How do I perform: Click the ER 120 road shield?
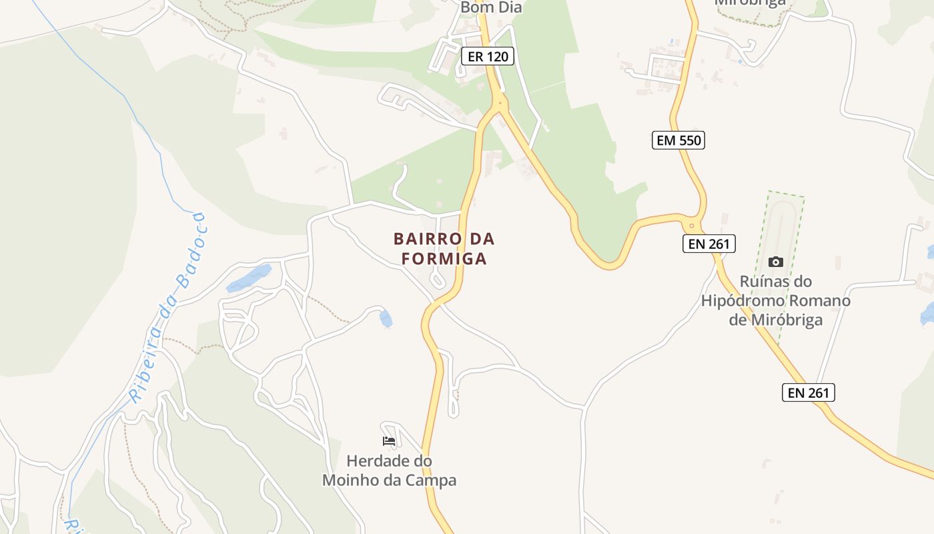(488, 57)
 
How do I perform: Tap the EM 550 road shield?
(678, 140)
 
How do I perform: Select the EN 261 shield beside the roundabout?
(709, 244)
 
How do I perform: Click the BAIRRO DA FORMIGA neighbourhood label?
(444, 248)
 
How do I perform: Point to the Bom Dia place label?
(491, 8)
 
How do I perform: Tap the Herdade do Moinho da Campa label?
(389, 471)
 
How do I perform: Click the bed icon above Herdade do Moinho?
(389, 441)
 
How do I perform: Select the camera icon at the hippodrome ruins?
(775, 262)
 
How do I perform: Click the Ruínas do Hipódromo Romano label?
(775, 300)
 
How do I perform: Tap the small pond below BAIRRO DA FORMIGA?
(386, 318)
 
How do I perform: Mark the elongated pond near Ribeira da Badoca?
(248, 278)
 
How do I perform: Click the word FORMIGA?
(444, 259)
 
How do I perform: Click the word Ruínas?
(767, 282)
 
